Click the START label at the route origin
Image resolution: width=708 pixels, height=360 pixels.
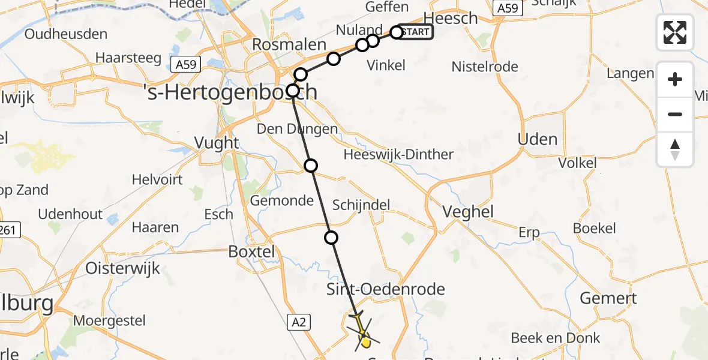coord(415,32)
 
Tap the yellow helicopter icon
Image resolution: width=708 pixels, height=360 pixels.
coord(364,334)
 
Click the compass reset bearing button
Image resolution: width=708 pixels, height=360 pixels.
coord(675,149)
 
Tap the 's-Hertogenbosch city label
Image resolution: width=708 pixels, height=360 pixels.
coord(230,92)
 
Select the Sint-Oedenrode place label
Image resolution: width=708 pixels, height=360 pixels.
coord(385,289)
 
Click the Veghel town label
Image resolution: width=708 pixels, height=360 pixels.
coord(467,211)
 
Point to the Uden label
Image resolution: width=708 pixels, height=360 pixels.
coord(537,139)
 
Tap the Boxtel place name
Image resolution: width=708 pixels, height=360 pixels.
coord(252,251)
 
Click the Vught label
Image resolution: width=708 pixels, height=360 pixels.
coord(217,143)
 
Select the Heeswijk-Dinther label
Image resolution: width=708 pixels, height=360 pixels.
coord(398,154)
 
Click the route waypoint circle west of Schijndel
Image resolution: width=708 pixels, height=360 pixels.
coord(331,238)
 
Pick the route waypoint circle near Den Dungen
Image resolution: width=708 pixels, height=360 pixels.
coord(311,166)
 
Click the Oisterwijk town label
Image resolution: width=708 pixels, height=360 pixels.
coord(122,268)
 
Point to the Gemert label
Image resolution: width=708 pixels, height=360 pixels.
coord(608,298)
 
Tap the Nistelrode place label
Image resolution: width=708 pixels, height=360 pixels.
coord(485,66)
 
